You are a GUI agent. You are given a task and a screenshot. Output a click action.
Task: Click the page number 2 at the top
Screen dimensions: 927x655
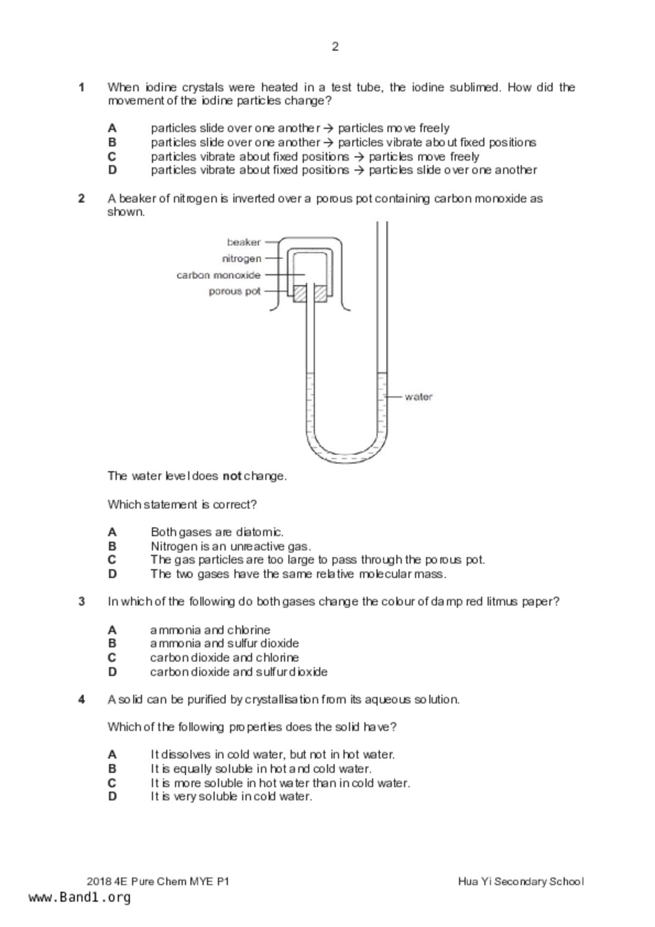pyautogui.click(x=335, y=47)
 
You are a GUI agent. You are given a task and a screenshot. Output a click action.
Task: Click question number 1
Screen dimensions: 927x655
pyautogui.click(x=81, y=87)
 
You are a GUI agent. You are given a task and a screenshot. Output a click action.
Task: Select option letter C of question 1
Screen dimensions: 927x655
pyautogui.click(x=112, y=156)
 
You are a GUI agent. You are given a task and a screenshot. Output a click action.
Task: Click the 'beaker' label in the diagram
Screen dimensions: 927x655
pyautogui.click(x=244, y=242)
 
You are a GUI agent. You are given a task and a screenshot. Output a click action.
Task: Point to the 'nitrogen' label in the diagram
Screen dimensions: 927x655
pyautogui.click(x=242, y=258)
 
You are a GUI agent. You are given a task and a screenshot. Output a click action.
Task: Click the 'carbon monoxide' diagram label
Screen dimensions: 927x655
pyautogui.click(x=218, y=275)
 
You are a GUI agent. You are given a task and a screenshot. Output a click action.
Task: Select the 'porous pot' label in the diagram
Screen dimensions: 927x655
pyautogui.click(x=234, y=291)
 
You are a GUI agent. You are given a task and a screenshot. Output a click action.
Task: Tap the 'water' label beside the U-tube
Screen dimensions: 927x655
pyautogui.click(x=418, y=396)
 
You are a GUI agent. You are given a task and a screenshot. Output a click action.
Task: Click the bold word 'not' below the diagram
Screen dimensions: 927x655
pyautogui.click(x=232, y=476)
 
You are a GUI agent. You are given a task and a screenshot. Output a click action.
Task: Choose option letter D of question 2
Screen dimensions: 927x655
pyautogui.click(x=112, y=574)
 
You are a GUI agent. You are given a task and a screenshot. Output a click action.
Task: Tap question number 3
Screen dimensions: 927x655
pyautogui.click(x=81, y=601)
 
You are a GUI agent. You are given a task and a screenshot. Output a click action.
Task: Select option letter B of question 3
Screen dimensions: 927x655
pyautogui.click(x=112, y=643)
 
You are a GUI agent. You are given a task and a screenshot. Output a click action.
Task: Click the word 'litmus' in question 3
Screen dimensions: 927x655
pyautogui.click(x=502, y=601)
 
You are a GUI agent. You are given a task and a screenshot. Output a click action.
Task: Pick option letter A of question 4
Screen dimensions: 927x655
pyautogui.click(x=112, y=754)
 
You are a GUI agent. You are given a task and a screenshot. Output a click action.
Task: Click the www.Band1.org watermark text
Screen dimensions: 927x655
pyautogui.click(x=79, y=897)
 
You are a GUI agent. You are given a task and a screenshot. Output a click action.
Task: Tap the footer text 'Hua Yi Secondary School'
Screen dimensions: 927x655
pyautogui.click(x=521, y=881)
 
